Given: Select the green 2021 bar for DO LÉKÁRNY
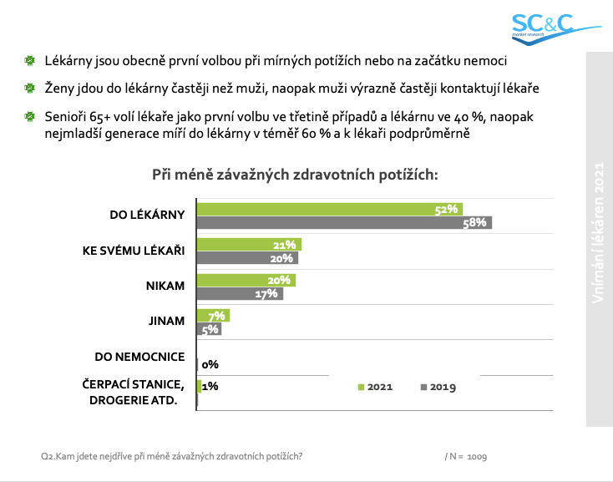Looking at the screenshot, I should [x=329, y=209].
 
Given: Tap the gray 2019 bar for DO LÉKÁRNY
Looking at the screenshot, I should [x=343, y=222].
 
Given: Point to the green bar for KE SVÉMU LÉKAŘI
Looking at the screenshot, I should [x=248, y=245].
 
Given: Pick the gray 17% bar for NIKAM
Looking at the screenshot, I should [x=239, y=294].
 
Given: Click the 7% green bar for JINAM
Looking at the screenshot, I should [x=212, y=316].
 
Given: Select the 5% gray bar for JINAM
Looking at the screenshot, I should [x=209, y=329].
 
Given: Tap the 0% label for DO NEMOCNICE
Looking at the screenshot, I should [x=210, y=365].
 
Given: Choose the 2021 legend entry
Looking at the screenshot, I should [x=375, y=387].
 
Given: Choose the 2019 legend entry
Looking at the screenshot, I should [x=438, y=387].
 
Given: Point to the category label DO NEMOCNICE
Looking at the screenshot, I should [x=139, y=357].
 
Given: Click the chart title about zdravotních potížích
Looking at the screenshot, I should [x=295, y=175].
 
